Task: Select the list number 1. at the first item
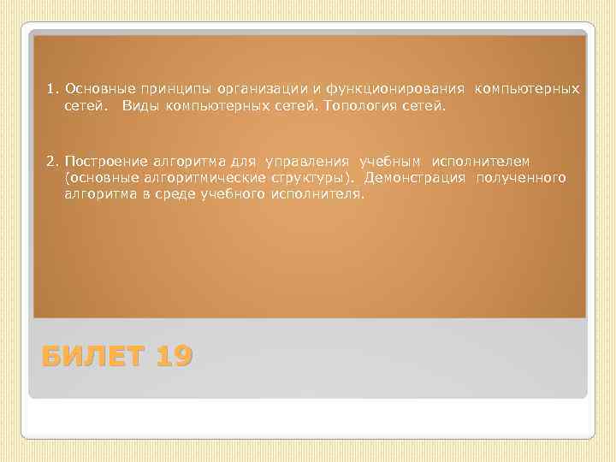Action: coord(53,88)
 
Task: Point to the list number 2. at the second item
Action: coord(53,161)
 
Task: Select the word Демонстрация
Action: coord(415,178)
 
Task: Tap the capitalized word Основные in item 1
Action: coord(92,88)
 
